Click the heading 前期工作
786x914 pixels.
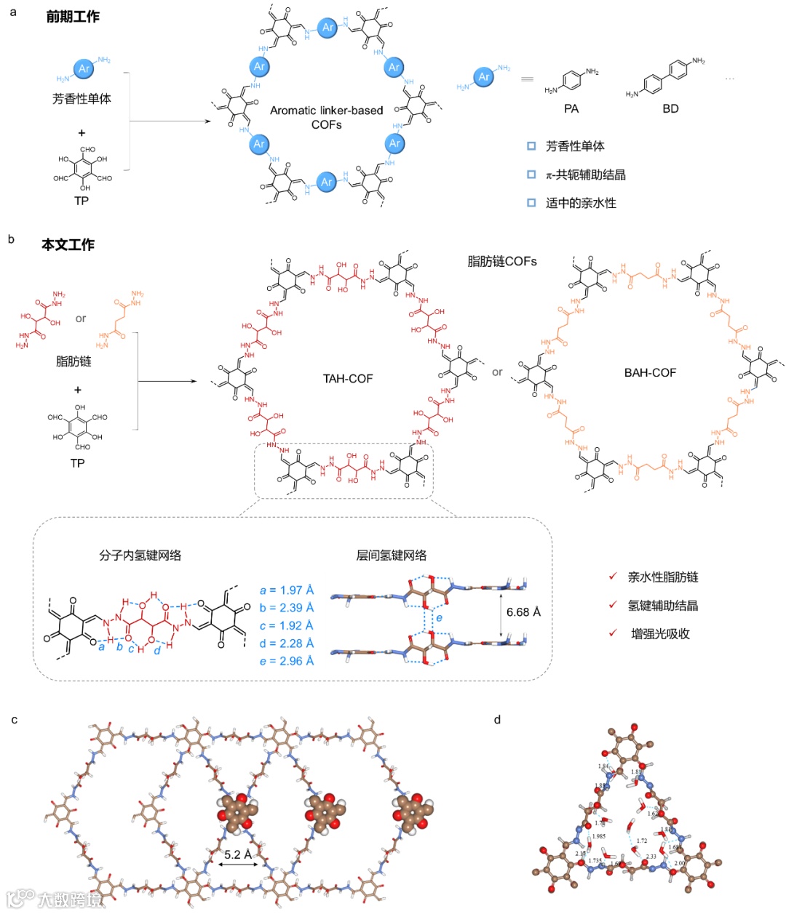pyautogui.click(x=73, y=17)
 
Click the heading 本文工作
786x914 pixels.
pyautogui.click(x=68, y=245)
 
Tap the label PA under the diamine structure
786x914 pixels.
pyautogui.click(x=571, y=108)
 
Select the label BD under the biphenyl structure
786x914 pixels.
pyautogui.click(x=670, y=108)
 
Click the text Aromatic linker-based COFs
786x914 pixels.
pyautogui.click(x=326, y=117)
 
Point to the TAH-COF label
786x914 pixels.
pyautogui.click(x=348, y=378)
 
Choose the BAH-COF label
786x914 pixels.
pyautogui.click(x=650, y=372)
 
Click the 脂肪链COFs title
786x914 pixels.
pyautogui.click(x=502, y=260)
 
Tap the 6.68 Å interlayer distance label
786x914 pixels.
pyautogui.click(x=523, y=612)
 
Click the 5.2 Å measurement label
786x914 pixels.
pyautogui.click(x=237, y=854)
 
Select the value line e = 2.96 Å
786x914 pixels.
pyautogui.click(x=287, y=661)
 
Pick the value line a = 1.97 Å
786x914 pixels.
pyautogui.click(x=287, y=590)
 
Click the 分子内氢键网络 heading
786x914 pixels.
pyautogui.click(x=140, y=556)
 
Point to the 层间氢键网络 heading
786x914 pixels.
pyautogui.click(x=391, y=556)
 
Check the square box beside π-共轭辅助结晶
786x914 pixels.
pyautogui.click(x=531, y=175)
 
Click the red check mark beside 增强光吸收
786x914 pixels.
pyautogui.click(x=614, y=633)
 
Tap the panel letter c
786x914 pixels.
pyautogui.click(x=15, y=720)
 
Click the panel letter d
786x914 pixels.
pyautogui.click(x=497, y=720)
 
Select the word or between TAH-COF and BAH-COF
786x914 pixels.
pyautogui.click(x=497, y=372)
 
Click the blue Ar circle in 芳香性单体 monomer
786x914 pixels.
pyautogui.click(x=84, y=69)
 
